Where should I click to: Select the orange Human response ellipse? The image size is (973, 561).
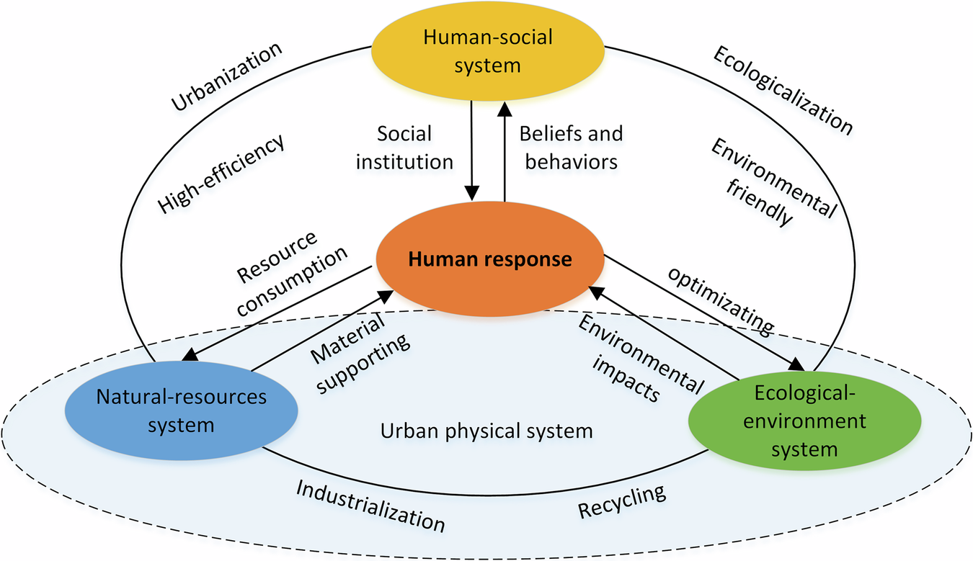tap(489, 259)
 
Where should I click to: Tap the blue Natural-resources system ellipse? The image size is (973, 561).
tap(181, 410)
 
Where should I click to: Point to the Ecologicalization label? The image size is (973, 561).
tap(782, 90)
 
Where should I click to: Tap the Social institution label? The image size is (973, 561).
tap(404, 148)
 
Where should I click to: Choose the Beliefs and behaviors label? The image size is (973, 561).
tap(570, 148)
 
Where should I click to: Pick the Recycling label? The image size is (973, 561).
tap(621, 503)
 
